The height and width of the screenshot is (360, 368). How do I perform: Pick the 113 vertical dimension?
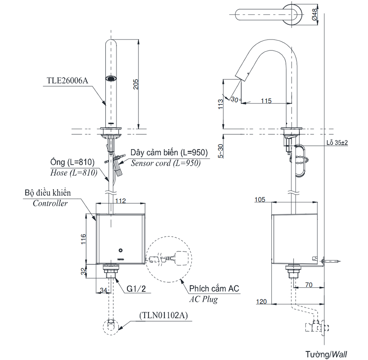(220, 104)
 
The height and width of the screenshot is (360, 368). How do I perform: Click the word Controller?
(50, 203)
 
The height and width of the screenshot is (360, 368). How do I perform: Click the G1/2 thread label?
(137, 289)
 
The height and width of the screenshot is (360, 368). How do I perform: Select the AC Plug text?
(203, 299)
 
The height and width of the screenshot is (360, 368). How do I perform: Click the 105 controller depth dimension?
(260, 200)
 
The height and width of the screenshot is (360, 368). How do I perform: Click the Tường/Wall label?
(326, 354)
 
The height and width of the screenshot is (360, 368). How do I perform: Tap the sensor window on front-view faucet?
(111, 78)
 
